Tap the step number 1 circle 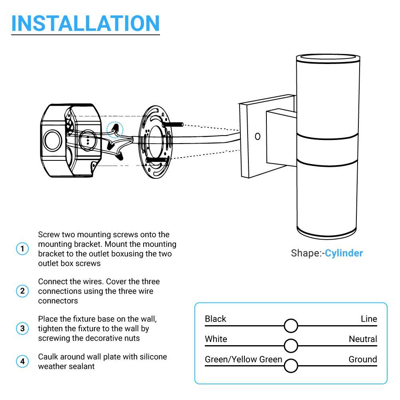pyautogui.click(x=22, y=249)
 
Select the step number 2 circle pyautogui.click(x=22, y=291)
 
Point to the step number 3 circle pyautogui.click(x=22, y=329)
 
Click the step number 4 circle pyautogui.click(x=22, y=362)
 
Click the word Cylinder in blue pyautogui.click(x=344, y=253)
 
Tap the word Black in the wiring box pyautogui.click(x=215, y=319)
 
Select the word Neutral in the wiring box pyautogui.click(x=362, y=339)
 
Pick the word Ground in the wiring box pyautogui.click(x=362, y=359)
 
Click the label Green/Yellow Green pyautogui.click(x=243, y=359)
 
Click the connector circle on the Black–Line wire pyautogui.click(x=291, y=326)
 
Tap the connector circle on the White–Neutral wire pyautogui.click(x=291, y=346)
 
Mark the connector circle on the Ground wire pyautogui.click(x=291, y=366)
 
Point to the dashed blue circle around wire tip pyautogui.click(x=116, y=129)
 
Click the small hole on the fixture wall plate pyautogui.click(x=258, y=136)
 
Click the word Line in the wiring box pyautogui.click(x=368, y=319)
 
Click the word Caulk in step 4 pyautogui.click(x=47, y=356)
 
